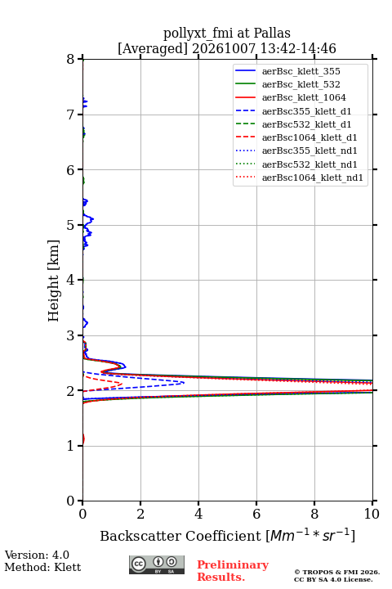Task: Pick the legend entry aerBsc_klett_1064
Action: pyautogui.click(x=291, y=97)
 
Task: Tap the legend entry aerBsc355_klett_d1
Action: pyautogui.click(x=293, y=111)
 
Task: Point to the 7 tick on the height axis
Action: pyautogui.click(x=80, y=115)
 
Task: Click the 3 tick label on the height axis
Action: pyautogui.click(x=70, y=335)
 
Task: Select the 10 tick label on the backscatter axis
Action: pyautogui.click(x=372, y=514)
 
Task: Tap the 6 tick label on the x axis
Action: pyautogui.click(x=256, y=514)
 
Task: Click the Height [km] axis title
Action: pyautogui.click(x=54, y=281)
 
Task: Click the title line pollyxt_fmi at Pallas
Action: pyautogui.click(x=227, y=33)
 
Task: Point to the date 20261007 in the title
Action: pyautogui.click(x=224, y=48)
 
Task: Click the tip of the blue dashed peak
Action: pyautogui.click(x=184, y=383)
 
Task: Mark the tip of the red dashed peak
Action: pyautogui.click(x=122, y=384)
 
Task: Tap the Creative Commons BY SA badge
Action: pyautogui.click(x=157, y=564)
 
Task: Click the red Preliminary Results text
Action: pyautogui.click(x=233, y=570)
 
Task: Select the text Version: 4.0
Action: pyautogui.click(x=37, y=555)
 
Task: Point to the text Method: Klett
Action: pyautogui.click(x=42, y=567)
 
